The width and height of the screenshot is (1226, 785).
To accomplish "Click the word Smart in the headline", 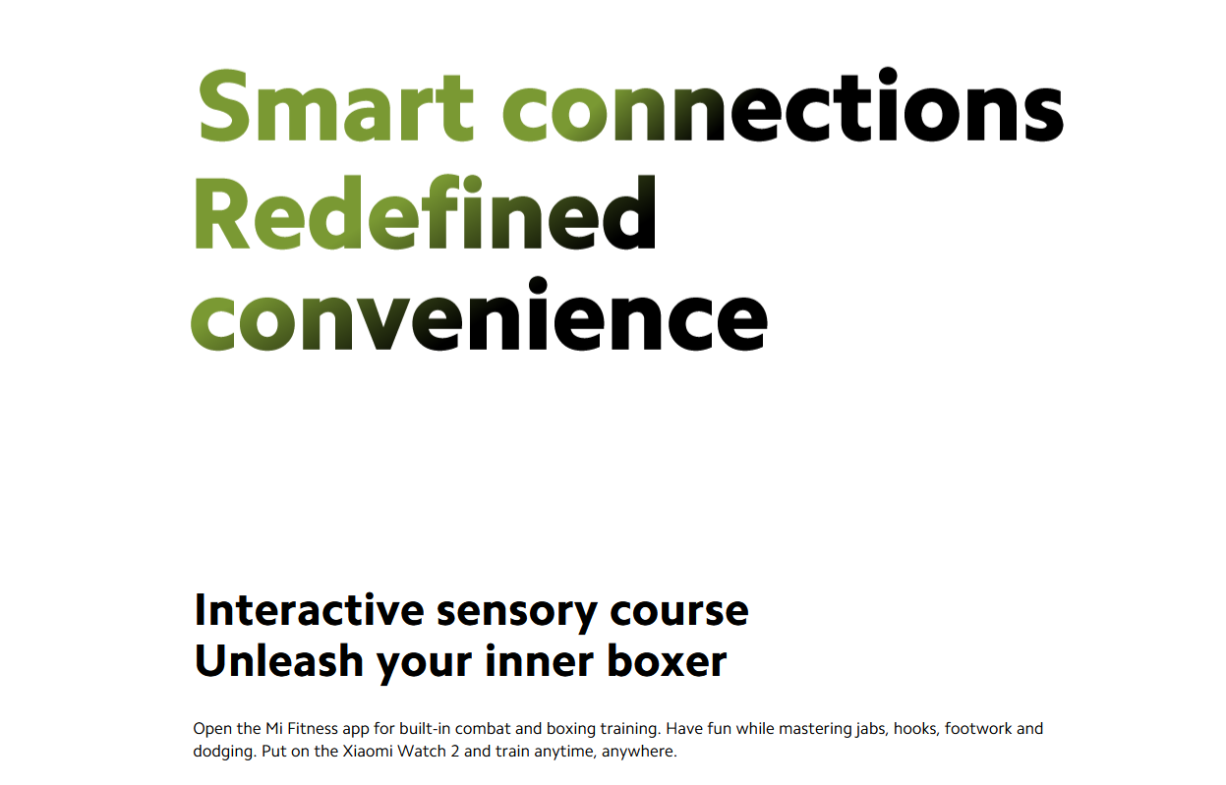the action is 336,105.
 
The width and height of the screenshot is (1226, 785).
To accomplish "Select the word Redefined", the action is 425,212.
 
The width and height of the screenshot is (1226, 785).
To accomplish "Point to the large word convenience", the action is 480,313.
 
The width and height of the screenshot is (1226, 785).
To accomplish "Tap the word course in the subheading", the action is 679,611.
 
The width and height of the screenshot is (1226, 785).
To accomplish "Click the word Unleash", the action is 278,660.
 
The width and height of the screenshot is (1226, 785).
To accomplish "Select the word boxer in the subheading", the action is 667,660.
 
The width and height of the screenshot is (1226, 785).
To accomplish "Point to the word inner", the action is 539,660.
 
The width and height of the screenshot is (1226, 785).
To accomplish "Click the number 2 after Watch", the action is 455,751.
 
